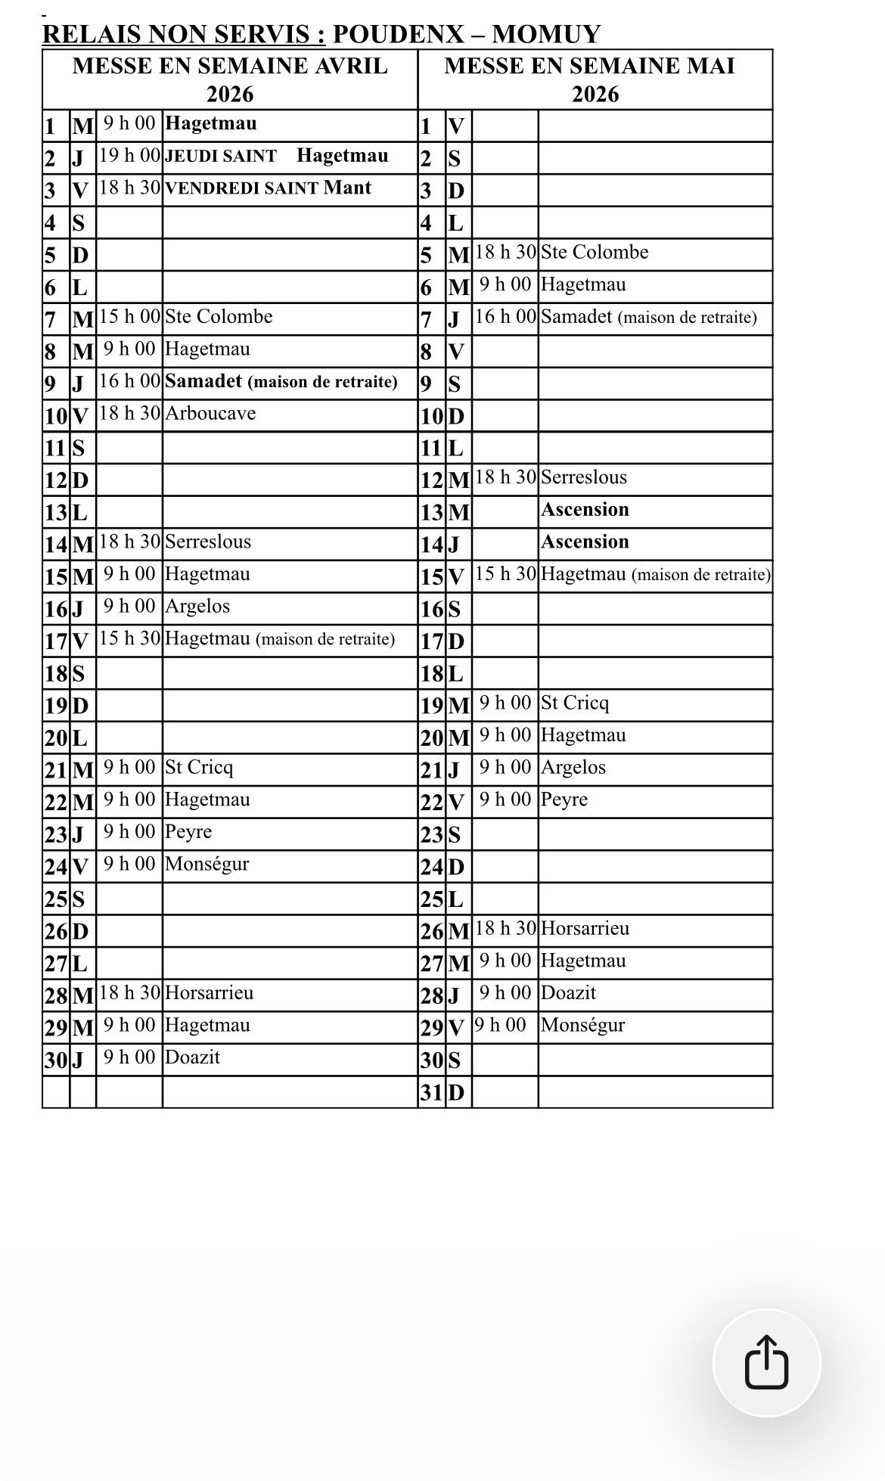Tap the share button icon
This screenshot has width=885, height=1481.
766,1362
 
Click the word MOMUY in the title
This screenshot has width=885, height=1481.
546,34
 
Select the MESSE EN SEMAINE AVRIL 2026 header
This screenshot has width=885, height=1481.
230,79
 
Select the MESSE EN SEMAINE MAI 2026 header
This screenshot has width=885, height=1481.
595,79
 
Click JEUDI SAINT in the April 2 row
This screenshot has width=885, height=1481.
221,157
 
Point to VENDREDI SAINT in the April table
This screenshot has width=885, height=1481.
241,188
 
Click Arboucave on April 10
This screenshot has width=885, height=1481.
210,413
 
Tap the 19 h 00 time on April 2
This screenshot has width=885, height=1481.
129,156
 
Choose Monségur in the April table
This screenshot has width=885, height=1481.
206,864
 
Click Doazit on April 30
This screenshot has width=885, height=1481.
192,1057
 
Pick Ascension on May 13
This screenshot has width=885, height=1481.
585,509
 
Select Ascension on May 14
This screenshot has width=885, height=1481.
585,542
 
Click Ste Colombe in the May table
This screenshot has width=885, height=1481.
595,252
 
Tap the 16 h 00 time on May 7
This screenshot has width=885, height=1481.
505,317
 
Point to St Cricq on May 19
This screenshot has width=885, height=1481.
574,703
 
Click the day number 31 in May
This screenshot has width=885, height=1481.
431,1092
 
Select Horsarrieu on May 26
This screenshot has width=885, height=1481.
585,928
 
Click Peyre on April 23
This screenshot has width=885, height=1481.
188,831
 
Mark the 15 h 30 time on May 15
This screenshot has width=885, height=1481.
505,574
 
